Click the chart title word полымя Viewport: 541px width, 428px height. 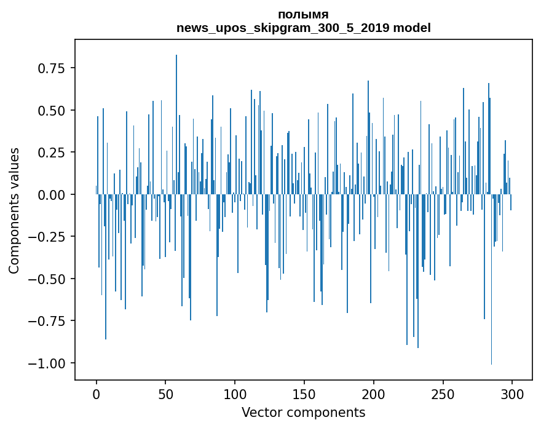(303, 15)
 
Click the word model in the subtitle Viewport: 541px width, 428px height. (412, 28)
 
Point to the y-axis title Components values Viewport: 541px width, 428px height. (14, 210)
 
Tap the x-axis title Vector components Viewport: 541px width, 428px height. (303, 413)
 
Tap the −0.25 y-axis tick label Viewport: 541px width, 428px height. (47, 237)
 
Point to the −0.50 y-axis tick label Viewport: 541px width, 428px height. (47, 279)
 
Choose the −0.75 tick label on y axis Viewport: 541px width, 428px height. (47, 321)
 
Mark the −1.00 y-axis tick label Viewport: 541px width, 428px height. (47, 363)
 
